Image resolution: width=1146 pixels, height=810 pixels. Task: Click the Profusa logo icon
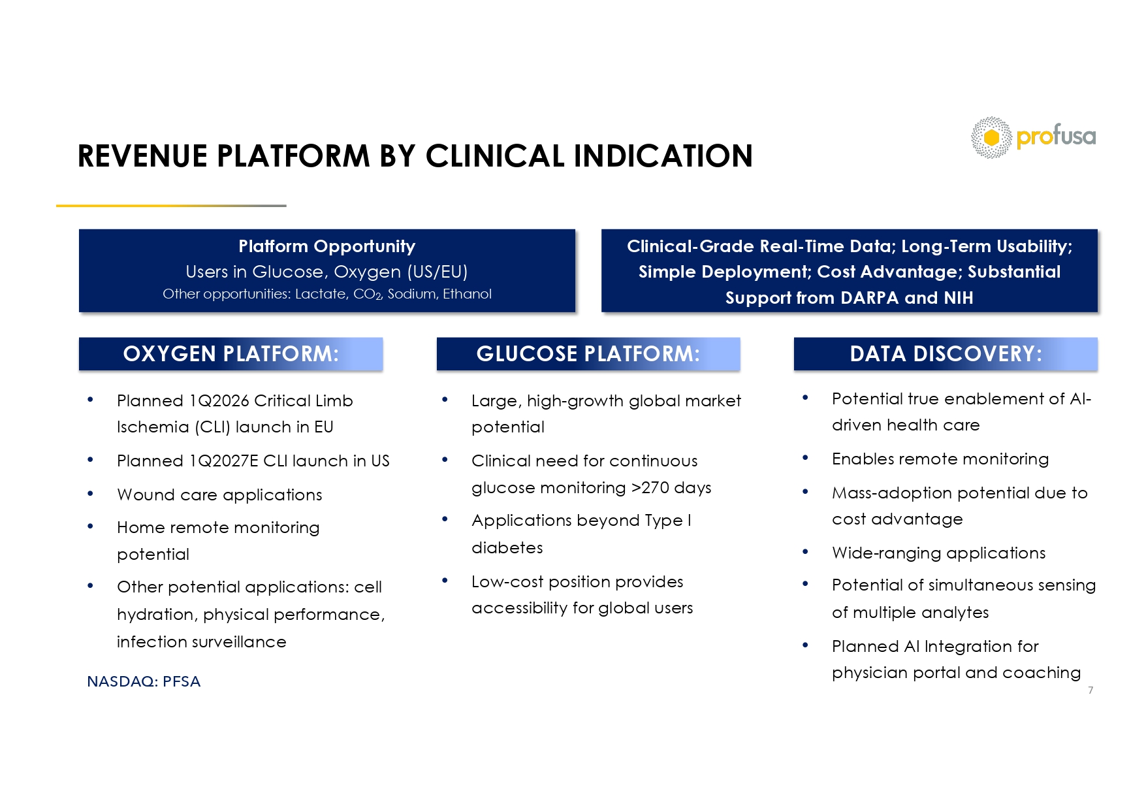click(x=991, y=137)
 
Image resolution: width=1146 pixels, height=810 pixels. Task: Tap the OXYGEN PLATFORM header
click(x=231, y=354)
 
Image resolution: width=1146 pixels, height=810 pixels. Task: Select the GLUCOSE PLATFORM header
click(x=588, y=354)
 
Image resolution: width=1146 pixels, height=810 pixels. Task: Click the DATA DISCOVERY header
click(x=946, y=354)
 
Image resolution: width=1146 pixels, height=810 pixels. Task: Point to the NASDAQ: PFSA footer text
click(x=144, y=681)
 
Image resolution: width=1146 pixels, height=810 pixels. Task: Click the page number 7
click(x=1090, y=690)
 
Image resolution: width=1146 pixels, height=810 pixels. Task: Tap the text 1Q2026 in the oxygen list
click(x=219, y=401)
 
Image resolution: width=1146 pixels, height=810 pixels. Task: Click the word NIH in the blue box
click(x=958, y=298)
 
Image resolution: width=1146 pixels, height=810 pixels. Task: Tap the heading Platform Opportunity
click(x=326, y=246)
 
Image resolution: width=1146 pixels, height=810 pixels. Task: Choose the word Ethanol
click(x=467, y=294)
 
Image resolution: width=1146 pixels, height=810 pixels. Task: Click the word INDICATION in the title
click(x=663, y=156)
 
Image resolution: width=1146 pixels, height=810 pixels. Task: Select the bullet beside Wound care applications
click(x=90, y=494)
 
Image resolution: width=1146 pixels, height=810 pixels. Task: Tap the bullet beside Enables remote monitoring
click(x=805, y=458)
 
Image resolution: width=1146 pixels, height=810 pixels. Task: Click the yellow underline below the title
click(x=171, y=206)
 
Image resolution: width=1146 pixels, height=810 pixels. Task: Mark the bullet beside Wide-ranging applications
click(x=805, y=552)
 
